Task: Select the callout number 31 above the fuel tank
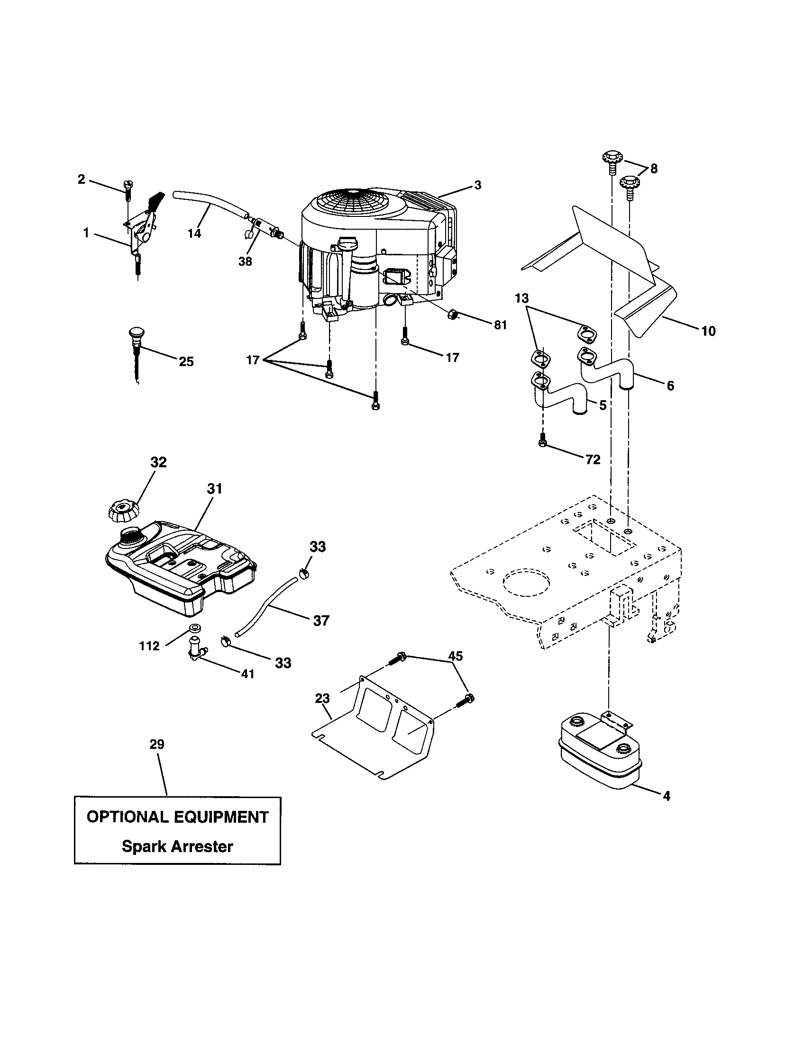click(215, 489)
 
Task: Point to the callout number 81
click(500, 325)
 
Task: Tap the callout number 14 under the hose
click(194, 234)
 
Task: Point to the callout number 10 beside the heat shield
click(709, 331)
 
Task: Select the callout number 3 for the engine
click(478, 185)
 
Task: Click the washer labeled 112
click(194, 627)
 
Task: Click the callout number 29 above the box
click(157, 744)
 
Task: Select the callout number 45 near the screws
click(456, 656)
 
